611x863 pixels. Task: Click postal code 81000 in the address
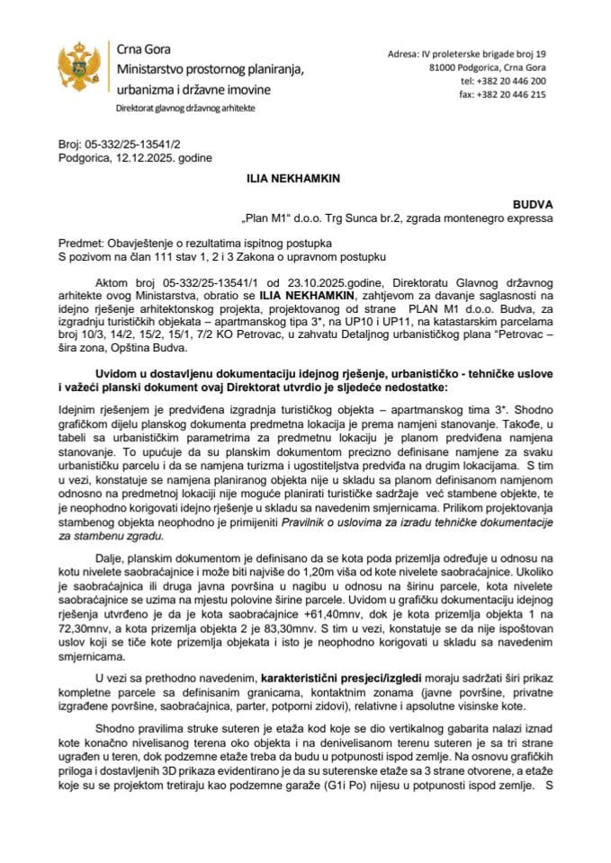(445, 67)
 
